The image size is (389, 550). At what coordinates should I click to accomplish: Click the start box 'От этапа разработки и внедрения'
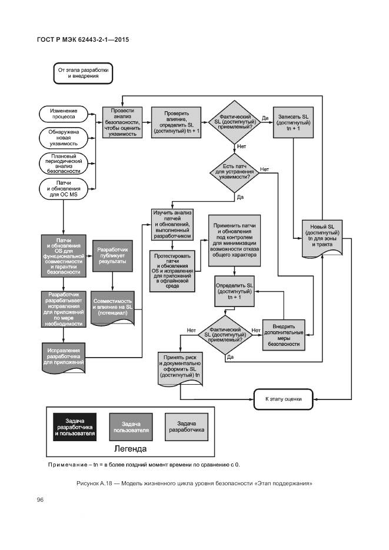pos(82,73)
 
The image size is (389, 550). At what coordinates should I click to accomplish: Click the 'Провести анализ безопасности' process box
pos(123,122)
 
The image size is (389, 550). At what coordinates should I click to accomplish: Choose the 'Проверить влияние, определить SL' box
pos(177,122)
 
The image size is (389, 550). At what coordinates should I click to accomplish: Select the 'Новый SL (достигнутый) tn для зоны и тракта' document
pos(322,236)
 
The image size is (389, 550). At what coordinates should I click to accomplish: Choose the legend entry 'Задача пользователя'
pos(131,426)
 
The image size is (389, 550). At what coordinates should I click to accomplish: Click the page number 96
pos(41,500)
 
